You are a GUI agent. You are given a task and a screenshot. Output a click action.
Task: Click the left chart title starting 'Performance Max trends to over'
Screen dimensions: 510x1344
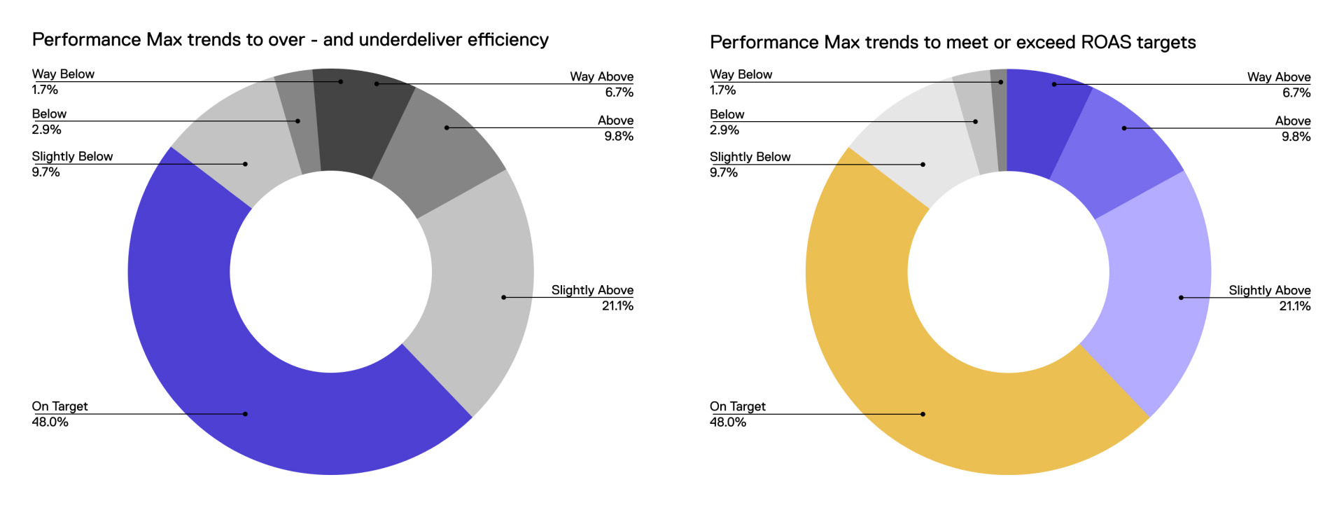[290, 40]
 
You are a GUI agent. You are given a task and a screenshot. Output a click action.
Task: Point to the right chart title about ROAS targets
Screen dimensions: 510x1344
[952, 43]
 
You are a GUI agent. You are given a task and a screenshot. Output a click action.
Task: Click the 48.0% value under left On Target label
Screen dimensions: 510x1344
[50, 422]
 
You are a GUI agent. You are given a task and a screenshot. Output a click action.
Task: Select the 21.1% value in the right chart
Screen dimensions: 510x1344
[1294, 306]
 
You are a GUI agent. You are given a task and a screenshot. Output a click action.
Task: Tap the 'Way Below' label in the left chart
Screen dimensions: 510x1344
[63, 74]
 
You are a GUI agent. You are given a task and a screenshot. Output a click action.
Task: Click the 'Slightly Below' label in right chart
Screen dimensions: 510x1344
[750, 157]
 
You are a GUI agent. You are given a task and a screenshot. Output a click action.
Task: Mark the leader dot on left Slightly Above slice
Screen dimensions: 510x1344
[503, 297]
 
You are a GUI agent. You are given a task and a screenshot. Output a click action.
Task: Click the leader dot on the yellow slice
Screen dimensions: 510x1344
[923, 414]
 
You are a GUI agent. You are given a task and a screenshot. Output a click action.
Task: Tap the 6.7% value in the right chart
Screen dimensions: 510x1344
[1296, 92]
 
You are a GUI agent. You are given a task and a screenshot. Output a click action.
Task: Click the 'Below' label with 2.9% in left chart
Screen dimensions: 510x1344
[49, 114]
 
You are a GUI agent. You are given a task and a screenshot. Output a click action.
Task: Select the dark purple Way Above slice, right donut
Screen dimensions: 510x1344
[1043, 119]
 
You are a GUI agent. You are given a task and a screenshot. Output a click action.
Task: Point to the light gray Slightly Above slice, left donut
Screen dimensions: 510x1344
[476, 280]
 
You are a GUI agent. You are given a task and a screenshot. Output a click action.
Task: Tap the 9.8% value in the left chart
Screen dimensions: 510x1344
[619, 136]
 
